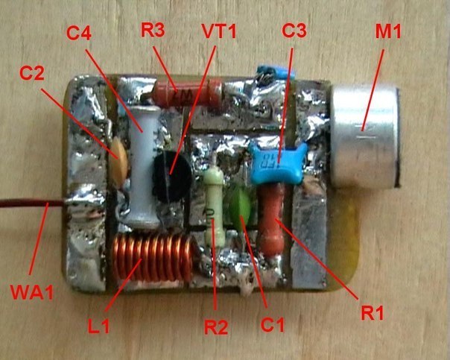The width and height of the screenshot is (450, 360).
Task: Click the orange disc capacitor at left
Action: [119, 153]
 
